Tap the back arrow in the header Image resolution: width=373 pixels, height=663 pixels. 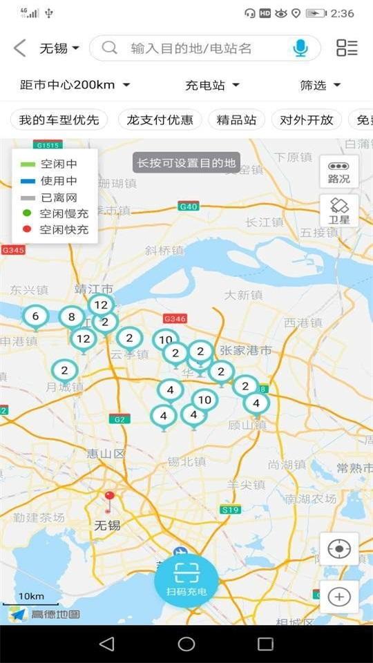tap(19, 48)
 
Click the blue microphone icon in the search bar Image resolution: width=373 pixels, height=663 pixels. tap(300, 48)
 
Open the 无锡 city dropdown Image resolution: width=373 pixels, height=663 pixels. tap(59, 48)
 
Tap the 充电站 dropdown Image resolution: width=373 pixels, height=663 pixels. tap(213, 85)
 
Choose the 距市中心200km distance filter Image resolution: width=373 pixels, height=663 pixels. tap(75, 85)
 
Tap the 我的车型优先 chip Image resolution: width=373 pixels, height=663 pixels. tap(59, 119)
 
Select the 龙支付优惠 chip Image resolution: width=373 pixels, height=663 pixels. tap(160, 119)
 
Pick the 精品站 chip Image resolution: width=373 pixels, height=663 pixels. tap(236, 119)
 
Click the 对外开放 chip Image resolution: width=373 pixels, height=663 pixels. tap(306, 119)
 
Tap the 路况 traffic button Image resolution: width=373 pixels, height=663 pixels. tap(339, 172)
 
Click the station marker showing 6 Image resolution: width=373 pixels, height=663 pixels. tap(35, 316)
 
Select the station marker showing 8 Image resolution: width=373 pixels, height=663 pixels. tap(71, 318)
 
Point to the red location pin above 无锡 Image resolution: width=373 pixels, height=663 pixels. tap(109, 499)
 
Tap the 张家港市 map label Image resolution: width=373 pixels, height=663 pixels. tap(245, 352)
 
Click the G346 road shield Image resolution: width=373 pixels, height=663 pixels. tap(175, 318)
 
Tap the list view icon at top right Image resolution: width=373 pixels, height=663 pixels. tap(347, 48)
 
